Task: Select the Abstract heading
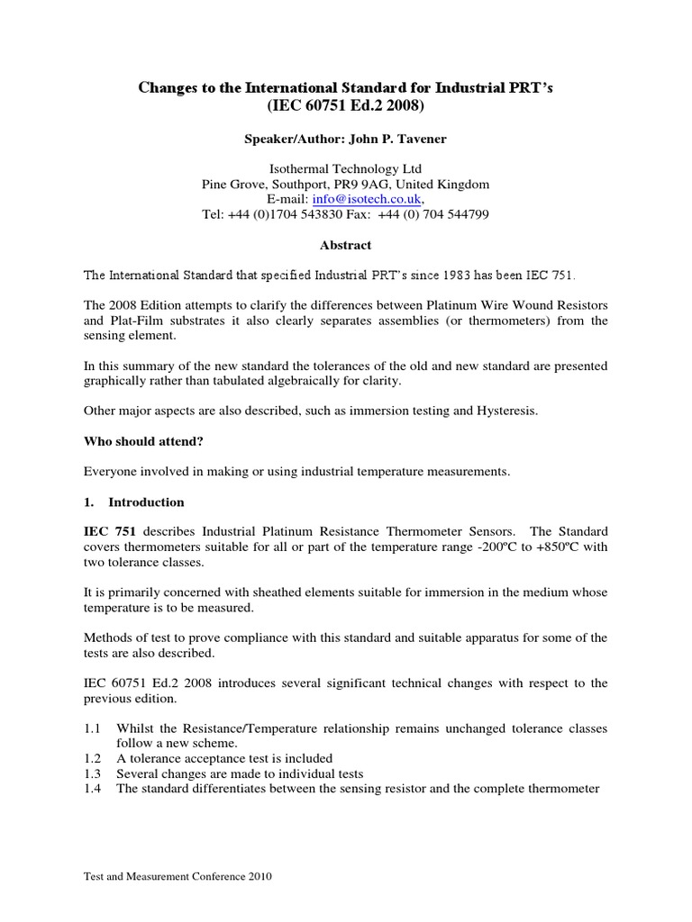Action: [x=346, y=245]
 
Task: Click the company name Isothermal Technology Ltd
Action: [x=346, y=169]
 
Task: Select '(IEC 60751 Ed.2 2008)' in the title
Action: [x=346, y=106]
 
